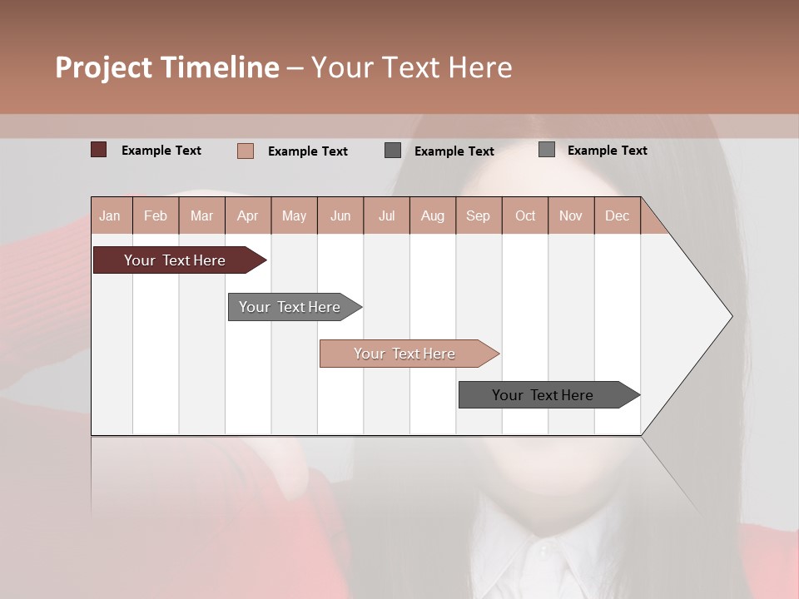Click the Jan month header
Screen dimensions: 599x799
click(x=110, y=215)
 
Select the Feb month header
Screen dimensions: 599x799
click(x=156, y=215)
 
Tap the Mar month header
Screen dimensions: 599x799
click(x=201, y=215)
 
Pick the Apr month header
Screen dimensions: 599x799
click(x=248, y=215)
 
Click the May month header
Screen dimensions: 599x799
click(x=294, y=215)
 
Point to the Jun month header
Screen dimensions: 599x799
click(x=340, y=215)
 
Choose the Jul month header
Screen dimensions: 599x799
click(x=386, y=215)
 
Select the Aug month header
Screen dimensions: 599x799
click(x=433, y=215)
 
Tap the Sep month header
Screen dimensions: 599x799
click(x=479, y=215)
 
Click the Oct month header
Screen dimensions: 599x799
click(x=525, y=215)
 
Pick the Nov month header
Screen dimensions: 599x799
click(x=571, y=215)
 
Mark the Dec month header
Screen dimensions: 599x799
click(x=617, y=215)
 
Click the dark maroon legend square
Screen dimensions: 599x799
click(x=99, y=150)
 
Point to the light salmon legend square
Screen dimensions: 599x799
click(x=246, y=151)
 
